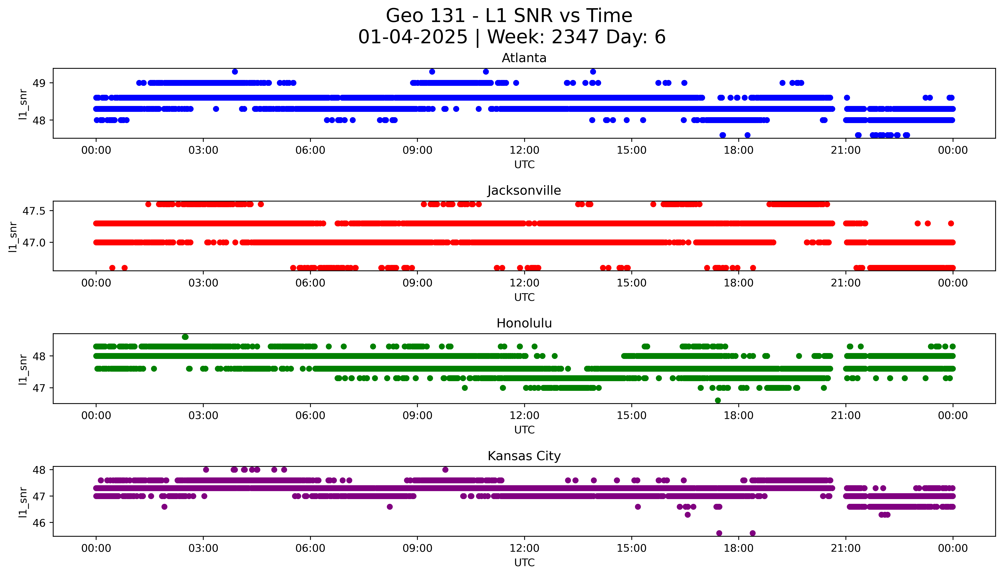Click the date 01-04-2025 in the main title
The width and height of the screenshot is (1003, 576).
click(x=413, y=37)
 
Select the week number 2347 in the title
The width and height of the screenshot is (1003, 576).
click(x=575, y=37)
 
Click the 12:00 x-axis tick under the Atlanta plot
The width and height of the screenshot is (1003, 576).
click(x=524, y=150)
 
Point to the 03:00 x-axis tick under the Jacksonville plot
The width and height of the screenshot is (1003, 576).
click(x=203, y=283)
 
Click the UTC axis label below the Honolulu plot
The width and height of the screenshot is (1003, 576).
click(x=524, y=430)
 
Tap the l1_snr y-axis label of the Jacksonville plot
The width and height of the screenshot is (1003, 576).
click(x=13, y=237)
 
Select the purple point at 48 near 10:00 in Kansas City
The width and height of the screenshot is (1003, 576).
click(x=445, y=470)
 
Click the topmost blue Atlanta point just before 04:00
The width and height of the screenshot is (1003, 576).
click(x=235, y=72)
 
